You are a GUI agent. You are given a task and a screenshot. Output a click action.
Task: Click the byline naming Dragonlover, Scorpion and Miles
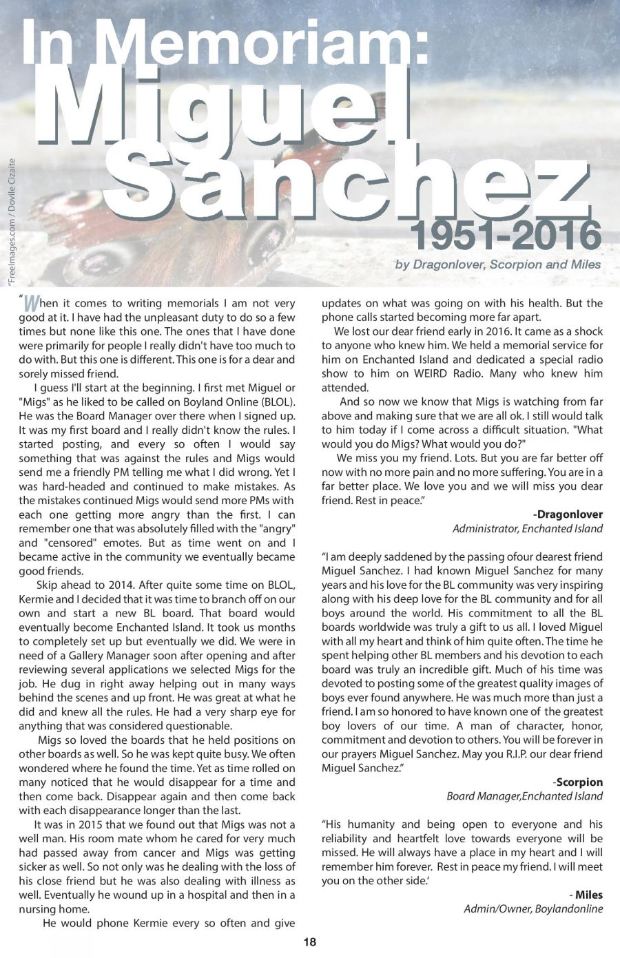tap(498, 264)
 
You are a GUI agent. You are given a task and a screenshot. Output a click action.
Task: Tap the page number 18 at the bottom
tap(309, 942)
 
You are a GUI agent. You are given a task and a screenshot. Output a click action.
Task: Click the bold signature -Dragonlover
tap(568, 514)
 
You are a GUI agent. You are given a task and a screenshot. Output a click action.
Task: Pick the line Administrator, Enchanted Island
tap(527, 529)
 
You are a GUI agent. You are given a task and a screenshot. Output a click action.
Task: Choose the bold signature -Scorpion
tap(577, 782)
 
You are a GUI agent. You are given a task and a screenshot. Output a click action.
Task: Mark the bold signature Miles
tap(588, 895)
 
